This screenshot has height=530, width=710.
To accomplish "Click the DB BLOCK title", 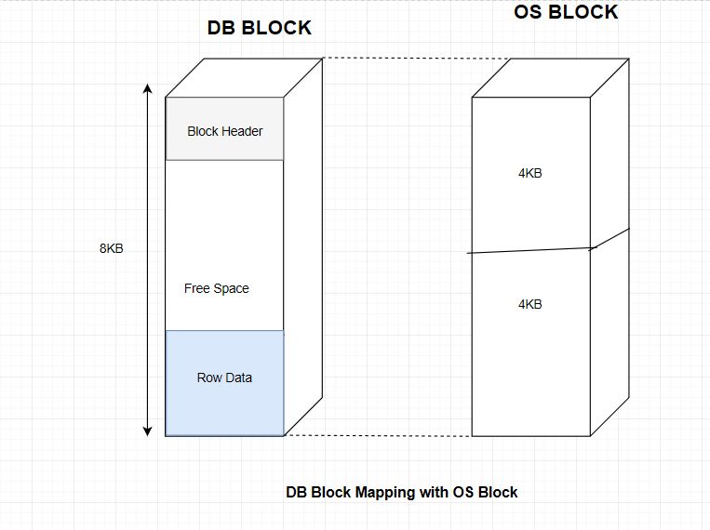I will click(259, 28).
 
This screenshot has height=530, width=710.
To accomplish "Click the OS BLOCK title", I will click(566, 12).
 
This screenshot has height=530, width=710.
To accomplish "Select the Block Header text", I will click(224, 131).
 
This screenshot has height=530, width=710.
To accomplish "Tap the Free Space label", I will click(216, 288).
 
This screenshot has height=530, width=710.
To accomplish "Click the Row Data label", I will click(224, 378).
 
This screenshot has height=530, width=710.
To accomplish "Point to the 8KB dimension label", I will click(112, 248).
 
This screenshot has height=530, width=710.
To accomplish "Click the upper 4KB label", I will click(529, 173).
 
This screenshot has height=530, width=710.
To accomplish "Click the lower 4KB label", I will click(529, 304).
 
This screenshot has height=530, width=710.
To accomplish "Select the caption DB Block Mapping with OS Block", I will click(401, 492).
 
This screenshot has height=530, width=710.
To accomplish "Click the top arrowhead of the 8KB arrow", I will click(147, 88).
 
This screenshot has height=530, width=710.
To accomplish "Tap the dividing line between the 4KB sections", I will click(529, 250).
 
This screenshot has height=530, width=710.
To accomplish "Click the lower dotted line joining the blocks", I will click(377, 435).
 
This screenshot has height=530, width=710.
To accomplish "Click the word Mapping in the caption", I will click(382, 492).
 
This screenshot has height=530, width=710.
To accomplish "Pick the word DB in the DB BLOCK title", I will click(221, 28).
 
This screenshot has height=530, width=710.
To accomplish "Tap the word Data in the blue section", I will click(238, 378).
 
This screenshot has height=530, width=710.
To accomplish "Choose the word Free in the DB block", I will click(197, 288).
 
